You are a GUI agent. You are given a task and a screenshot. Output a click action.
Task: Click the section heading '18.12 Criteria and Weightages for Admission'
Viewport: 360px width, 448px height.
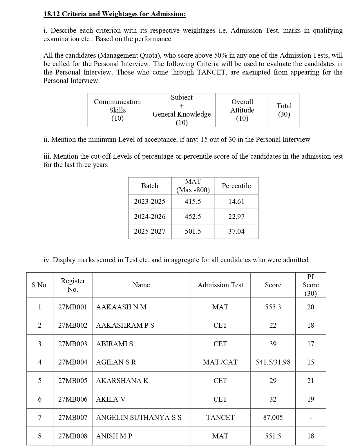[x=115, y=14]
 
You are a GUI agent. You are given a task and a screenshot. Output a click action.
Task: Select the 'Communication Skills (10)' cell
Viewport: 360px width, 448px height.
[x=117, y=110]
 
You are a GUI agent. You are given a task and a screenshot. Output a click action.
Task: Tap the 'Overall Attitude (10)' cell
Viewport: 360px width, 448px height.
[x=242, y=110]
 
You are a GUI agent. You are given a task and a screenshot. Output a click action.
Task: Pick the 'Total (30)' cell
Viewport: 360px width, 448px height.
[x=284, y=110]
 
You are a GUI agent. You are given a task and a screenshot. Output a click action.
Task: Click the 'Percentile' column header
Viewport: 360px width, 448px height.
[x=236, y=186]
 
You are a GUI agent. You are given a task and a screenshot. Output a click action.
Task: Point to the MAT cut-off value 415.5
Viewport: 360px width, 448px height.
[x=193, y=202]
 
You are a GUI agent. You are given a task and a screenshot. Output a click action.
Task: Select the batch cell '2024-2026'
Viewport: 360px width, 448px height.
[x=149, y=217]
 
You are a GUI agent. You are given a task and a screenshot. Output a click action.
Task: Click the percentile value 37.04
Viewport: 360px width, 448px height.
[x=236, y=231]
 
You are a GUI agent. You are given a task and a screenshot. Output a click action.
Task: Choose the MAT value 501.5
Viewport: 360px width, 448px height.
[x=193, y=231]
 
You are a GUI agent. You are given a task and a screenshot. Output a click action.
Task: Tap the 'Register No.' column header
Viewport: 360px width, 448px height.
[x=73, y=285]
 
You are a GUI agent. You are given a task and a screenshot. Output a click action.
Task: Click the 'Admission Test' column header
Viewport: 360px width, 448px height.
[x=220, y=285]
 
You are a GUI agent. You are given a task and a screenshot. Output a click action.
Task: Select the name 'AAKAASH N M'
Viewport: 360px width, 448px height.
[x=121, y=307]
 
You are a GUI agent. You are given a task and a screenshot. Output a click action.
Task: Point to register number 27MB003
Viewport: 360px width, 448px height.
[x=73, y=344]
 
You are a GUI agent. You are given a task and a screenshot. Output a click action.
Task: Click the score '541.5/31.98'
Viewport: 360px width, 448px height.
[x=273, y=362]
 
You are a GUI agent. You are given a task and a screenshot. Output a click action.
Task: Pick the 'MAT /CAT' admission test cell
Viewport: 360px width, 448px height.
[x=220, y=362]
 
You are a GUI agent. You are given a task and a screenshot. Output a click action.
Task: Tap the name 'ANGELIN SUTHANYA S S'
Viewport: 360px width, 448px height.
[x=139, y=418]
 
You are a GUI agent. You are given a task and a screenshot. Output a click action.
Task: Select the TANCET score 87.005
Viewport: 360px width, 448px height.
[x=273, y=418]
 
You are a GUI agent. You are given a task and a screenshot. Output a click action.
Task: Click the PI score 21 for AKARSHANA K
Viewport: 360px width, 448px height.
[x=310, y=381]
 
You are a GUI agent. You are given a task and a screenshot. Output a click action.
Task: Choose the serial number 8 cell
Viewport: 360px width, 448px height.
[x=40, y=436]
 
